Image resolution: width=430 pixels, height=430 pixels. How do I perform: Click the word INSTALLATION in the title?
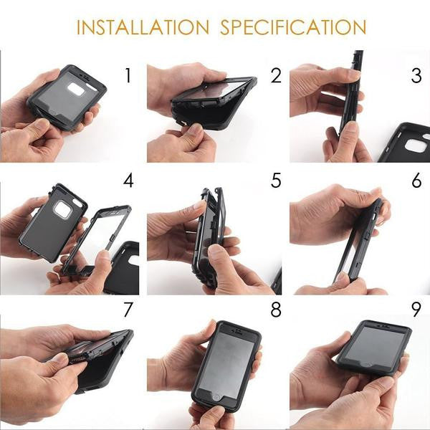tap(143, 27)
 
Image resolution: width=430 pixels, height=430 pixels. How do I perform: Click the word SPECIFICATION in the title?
tap(293, 27)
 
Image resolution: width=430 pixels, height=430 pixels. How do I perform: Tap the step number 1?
tap(128, 75)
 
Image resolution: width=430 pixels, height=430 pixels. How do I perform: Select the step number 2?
tap(276, 75)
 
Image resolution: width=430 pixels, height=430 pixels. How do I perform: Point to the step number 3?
tap(416, 75)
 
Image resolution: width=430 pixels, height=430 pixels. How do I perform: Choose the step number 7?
tap(128, 310)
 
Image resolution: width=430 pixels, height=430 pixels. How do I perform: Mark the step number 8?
tap(276, 310)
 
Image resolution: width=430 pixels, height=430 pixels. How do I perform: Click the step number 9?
tap(416, 310)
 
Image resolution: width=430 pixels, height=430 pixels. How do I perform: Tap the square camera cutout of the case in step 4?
tap(62, 210)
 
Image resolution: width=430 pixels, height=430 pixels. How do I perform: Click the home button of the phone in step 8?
tap(216, 398)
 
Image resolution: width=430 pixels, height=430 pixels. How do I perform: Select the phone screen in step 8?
tap(226, 364)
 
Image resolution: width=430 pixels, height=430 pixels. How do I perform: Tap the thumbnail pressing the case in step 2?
tap(196, 128)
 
